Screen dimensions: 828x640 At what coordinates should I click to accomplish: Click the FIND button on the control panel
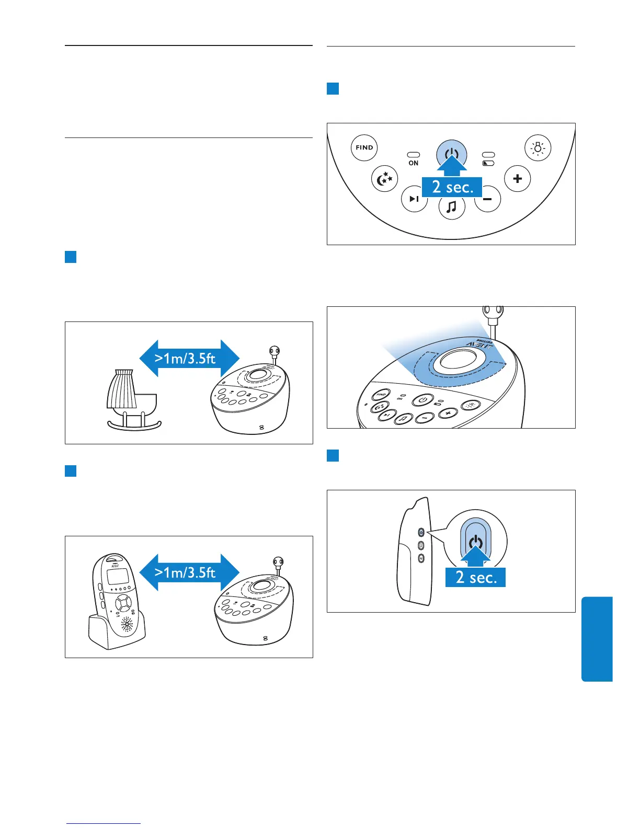(x=364, y=147)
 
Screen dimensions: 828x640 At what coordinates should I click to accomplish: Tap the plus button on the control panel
(x=517, y=179)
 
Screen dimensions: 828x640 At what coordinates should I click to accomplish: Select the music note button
(x=452, y=208)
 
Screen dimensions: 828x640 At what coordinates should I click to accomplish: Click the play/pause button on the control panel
(x=414, y=199)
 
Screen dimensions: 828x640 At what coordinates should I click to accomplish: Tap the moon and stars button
(x=385, y=179)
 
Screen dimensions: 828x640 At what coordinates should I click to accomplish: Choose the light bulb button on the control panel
(x=538, y=148)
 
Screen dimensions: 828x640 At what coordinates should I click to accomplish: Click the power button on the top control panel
(x=451, y=154)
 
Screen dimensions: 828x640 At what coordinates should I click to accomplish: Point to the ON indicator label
(x=414, y=163)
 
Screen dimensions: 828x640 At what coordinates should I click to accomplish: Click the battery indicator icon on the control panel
(x=488, y=163)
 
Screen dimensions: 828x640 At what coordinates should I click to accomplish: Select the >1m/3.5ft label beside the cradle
(x=186, y=359)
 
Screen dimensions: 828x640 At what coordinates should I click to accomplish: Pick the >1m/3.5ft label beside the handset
(x=186, y=573)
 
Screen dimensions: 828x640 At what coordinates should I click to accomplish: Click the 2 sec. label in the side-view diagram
(x=475, y=577)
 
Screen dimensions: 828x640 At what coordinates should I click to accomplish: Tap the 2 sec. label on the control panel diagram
(x=452, y=187)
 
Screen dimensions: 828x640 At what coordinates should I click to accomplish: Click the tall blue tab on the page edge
(x=597, y=639)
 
